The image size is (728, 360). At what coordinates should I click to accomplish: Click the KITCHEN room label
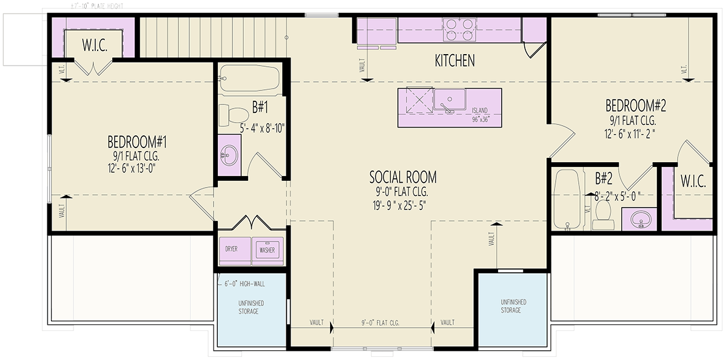click(454, 61)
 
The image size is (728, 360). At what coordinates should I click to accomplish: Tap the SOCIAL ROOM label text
click(403, 177)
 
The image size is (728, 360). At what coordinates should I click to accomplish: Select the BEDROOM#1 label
click(136, 142)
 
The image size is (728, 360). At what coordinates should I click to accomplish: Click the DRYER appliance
click(231, 250)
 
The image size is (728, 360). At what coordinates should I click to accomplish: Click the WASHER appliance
click(267, 250)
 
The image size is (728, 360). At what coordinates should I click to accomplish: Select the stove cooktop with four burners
click(459, 30)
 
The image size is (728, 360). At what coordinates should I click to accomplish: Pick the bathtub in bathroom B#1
click(249, 79)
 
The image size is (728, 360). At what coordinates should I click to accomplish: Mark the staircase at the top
click(212, 36)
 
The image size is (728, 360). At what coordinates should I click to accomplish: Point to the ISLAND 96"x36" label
click(484, 115)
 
